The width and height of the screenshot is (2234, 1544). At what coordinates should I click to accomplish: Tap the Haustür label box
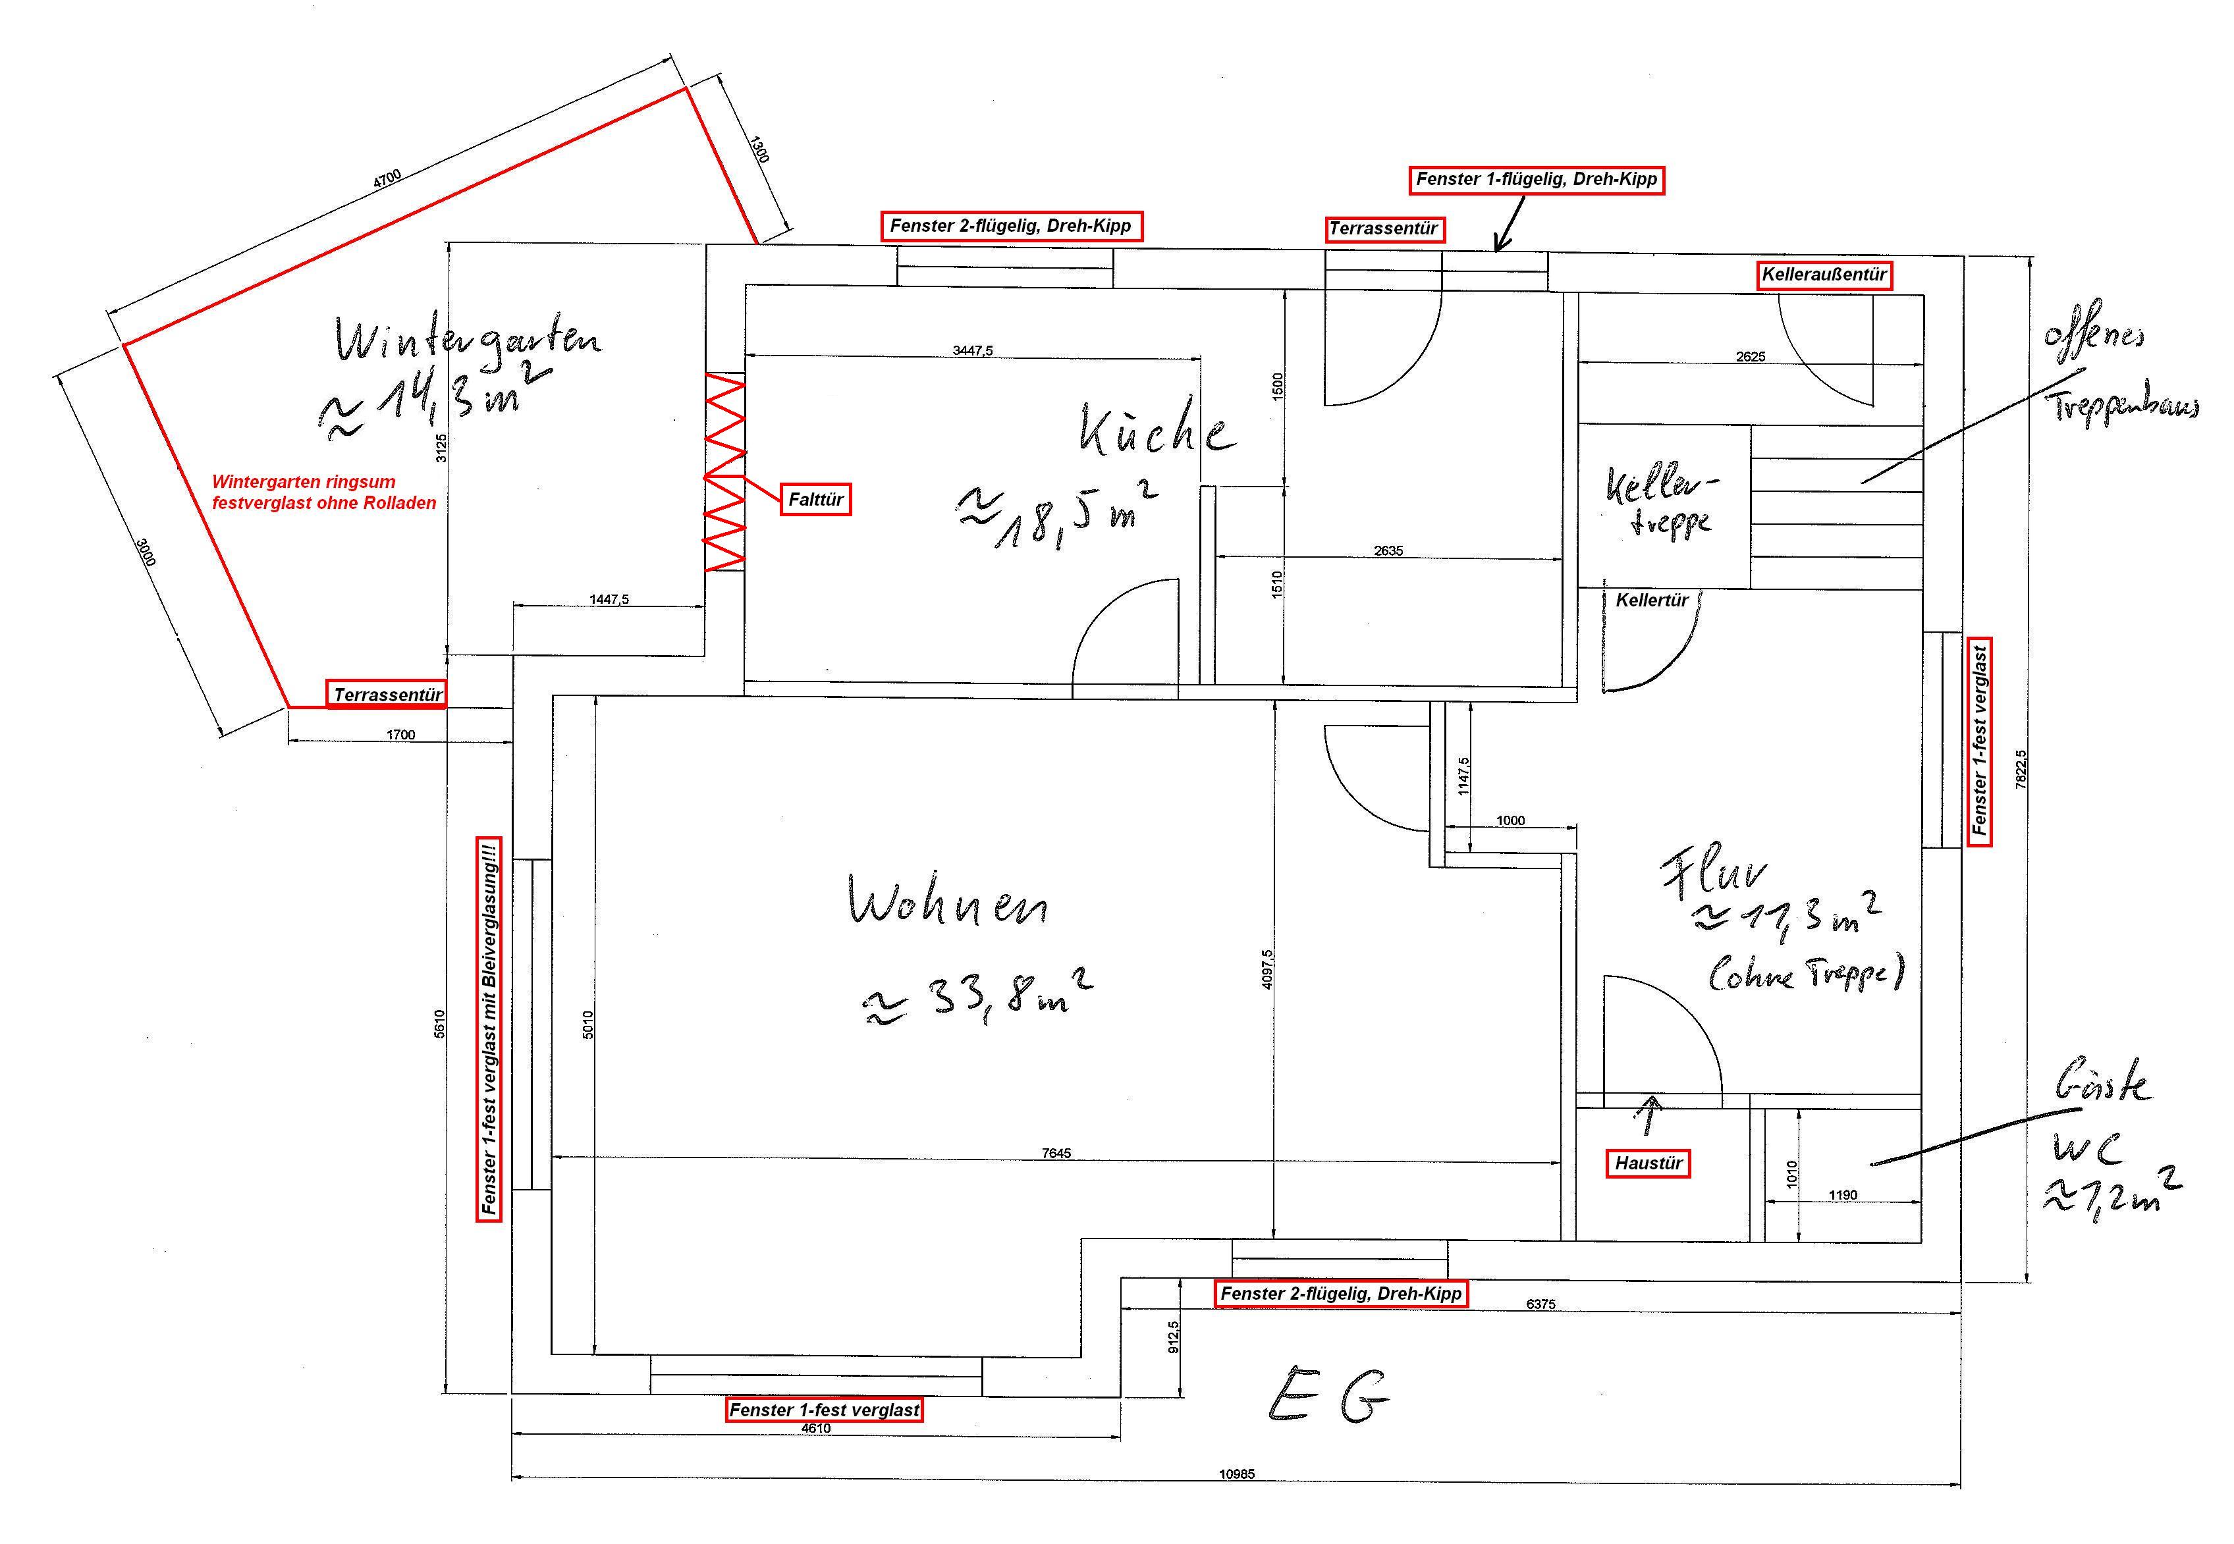[1648, 1163]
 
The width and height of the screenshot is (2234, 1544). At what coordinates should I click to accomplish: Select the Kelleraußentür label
[1824, 275]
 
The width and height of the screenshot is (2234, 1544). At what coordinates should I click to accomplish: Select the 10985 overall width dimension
[1236, 1474]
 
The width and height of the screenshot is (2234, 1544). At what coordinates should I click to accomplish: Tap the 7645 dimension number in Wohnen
[1056, 1153]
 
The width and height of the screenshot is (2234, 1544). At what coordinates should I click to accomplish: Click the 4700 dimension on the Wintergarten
[387, 179]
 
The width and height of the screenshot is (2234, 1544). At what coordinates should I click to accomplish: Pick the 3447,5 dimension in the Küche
[972, 350]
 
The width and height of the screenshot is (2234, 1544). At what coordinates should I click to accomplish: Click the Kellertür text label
[1652, 600]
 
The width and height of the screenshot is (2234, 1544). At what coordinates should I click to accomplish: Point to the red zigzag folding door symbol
[724, 472]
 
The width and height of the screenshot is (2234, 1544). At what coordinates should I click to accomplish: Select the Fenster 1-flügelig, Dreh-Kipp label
[1537, 179]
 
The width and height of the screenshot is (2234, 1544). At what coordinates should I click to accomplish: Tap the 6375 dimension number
[1541, 1304]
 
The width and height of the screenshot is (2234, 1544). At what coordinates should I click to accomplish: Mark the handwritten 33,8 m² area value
[977, 996]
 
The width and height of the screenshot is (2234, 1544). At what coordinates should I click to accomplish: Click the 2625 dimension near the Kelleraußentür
[1750, 356]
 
